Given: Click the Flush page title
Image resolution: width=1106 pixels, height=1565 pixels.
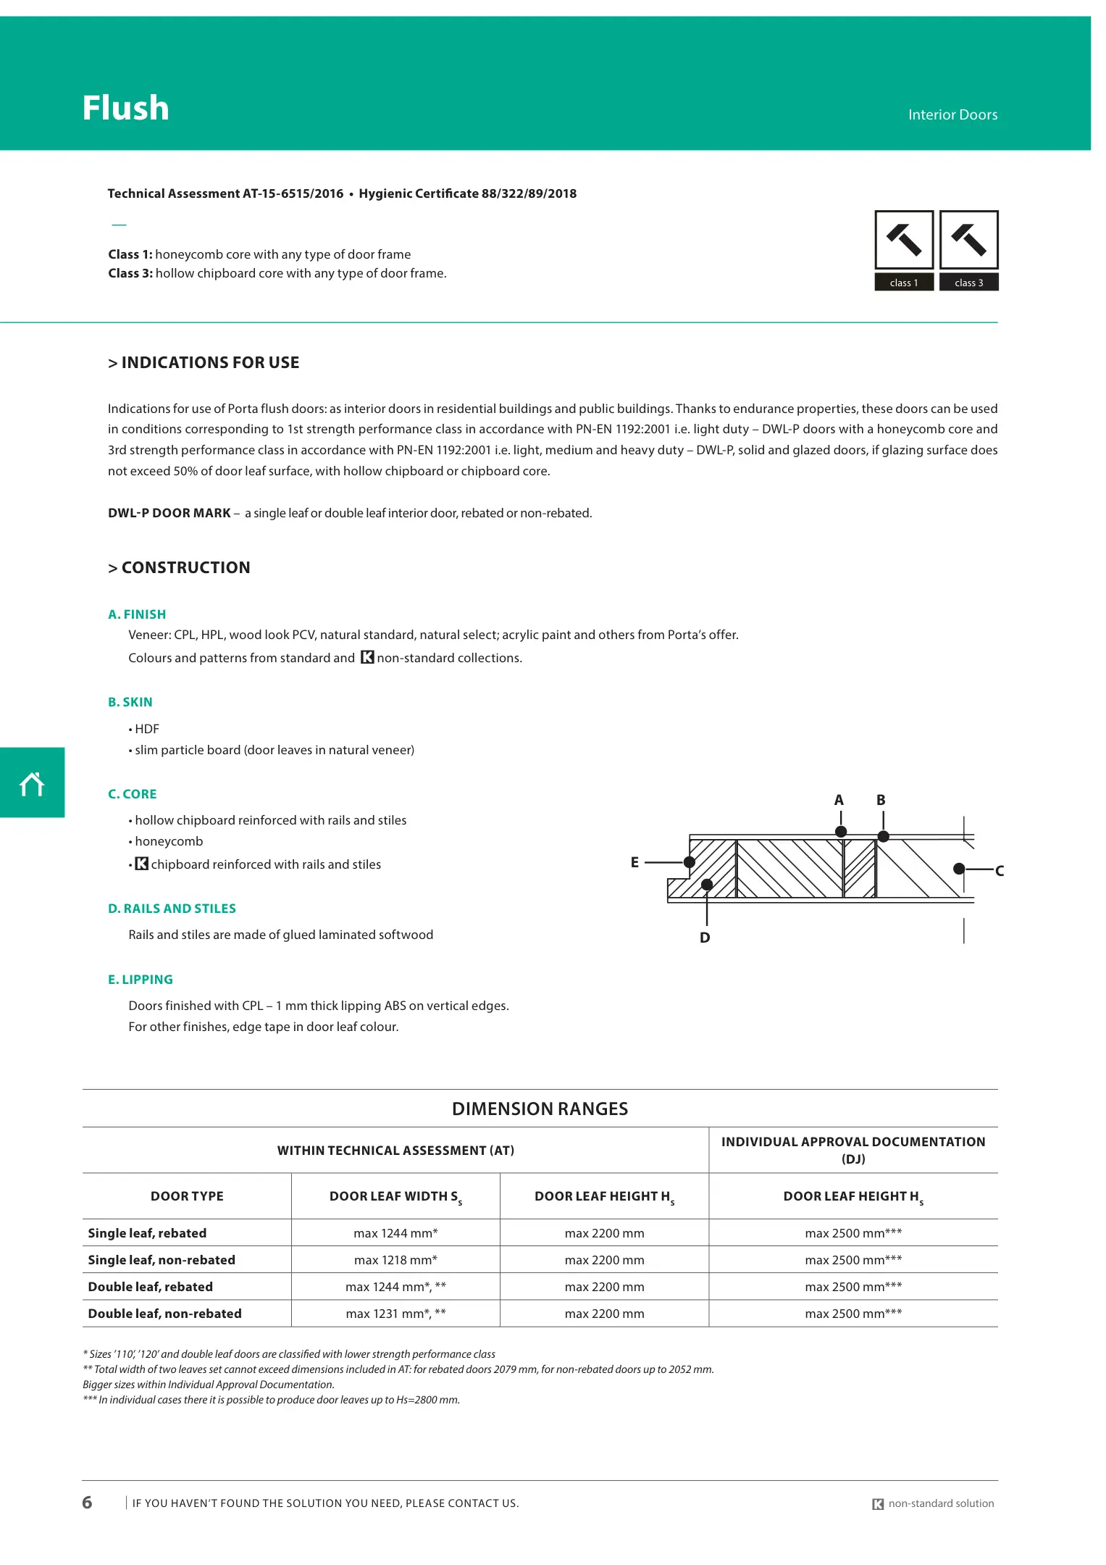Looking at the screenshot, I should [125, 108].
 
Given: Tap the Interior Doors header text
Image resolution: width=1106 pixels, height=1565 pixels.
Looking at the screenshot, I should [952, 114].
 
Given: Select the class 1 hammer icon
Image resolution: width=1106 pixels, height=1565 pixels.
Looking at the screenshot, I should [903, 241].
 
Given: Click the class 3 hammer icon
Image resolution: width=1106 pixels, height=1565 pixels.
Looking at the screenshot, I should [968, 241].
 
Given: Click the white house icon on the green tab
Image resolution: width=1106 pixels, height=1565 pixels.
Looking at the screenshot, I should [32, 784].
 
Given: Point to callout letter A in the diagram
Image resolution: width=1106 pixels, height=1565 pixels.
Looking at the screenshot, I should [839, 800].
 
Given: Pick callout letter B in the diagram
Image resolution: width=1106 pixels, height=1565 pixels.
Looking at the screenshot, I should [881, 800].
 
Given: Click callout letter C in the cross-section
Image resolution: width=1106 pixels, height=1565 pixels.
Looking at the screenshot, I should [1000, 871].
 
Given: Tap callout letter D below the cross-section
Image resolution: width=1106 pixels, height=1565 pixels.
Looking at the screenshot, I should [705, 938].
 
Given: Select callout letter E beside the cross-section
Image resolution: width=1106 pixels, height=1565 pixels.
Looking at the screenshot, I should [634, 862].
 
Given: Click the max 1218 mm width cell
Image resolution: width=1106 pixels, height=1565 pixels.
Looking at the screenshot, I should [395, 1260].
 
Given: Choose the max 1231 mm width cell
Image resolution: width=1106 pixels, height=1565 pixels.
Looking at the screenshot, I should [395, 1314].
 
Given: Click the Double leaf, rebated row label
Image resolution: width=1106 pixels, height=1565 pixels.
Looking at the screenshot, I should [150, 1287].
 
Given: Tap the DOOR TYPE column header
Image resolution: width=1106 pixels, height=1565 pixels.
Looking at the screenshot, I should [187, 1196].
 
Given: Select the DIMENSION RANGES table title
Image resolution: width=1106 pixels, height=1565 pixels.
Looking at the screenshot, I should [540, 1109].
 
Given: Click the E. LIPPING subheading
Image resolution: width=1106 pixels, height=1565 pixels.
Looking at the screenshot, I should [141, 980].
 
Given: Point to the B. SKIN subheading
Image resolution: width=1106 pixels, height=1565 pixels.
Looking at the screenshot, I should [130, 702].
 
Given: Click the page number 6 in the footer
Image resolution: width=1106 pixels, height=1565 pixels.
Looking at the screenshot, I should [87, 1502].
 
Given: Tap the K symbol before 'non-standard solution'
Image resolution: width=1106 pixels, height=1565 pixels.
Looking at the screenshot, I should [878, 1504].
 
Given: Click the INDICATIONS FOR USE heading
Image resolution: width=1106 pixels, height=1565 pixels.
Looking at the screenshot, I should [204, 363].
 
